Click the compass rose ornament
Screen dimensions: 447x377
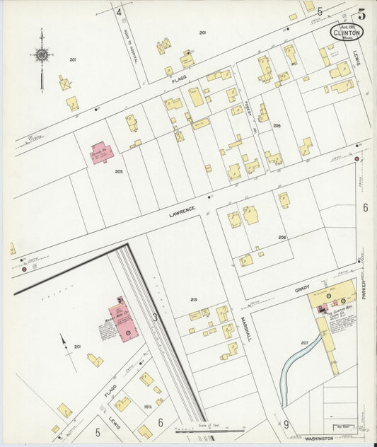[42, 54]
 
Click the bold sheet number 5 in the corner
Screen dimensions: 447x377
[362, 13]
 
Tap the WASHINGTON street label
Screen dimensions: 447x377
[319, 439]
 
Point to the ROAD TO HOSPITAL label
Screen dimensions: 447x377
[132, 50]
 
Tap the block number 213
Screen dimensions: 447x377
[193, 301]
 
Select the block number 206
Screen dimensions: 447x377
[282, 238]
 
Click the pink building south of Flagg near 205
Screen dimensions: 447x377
[100, 153]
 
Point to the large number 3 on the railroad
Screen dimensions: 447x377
[155, 318]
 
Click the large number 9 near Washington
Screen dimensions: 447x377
[286, 424]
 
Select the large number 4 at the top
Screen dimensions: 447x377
[120, 12]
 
